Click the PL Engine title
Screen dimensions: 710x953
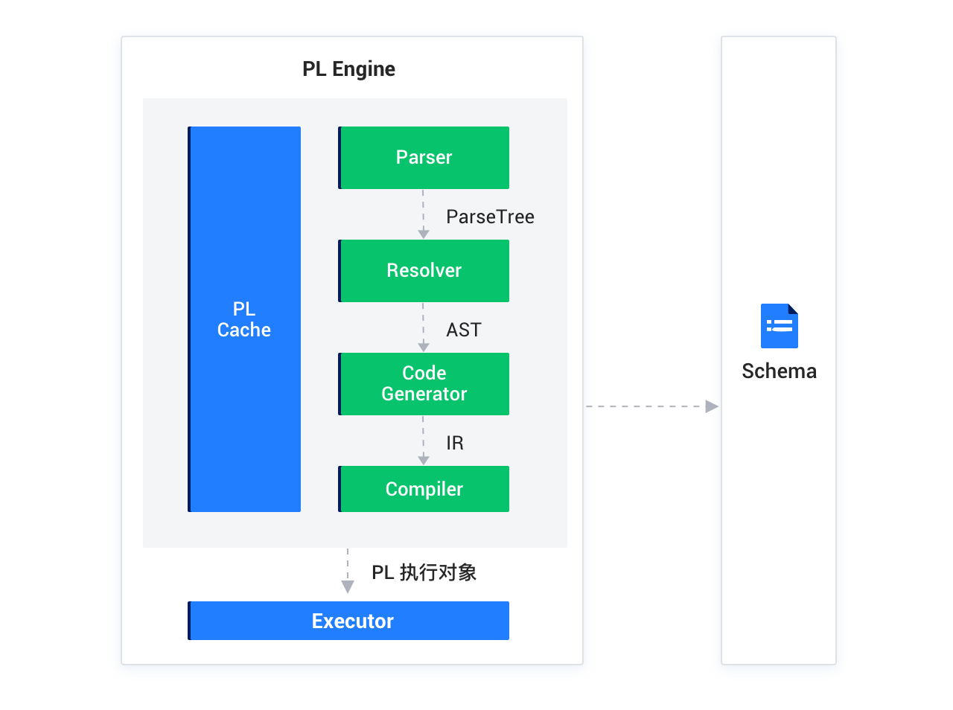pyautogui.click(x=348, y=69)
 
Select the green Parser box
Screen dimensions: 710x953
pyautogui.click(x=424, y=158)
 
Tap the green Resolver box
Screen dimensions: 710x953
pyautogui.click(x=424, y=271)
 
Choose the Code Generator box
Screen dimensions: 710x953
pyautogui.click(x=424, y=384)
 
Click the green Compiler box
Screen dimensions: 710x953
pyautogui.click(x=424, y=489)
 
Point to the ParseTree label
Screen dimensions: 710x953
pyautogui.click(x=490, y=217)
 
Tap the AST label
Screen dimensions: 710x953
pyautogui.click(x=464, y=330)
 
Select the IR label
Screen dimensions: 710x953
pyautogui.click(x=455, y=443)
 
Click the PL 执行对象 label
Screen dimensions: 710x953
pyautogui.click(x=424, y=572)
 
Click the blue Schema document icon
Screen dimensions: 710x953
pyautogui.click(x=779, y=326)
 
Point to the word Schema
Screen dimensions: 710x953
pyautogui.click(x=779, y=371)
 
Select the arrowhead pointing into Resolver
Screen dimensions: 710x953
pyautogui.click(x=424, y=234)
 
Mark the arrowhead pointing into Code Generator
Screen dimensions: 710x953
pyautogui.click(x=424, y=347)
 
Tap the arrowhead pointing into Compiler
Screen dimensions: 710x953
pyautogui.click(x=424, y=460)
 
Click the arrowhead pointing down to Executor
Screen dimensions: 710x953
pyautogui.click(x=348, y=586)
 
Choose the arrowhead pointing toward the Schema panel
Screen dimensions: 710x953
pyautogui.click(x=712, y=406)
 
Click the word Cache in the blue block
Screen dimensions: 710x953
pyautogui.click(x=244, y=330)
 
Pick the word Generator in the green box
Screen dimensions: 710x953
pyautogui.click(x=424, y=394)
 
